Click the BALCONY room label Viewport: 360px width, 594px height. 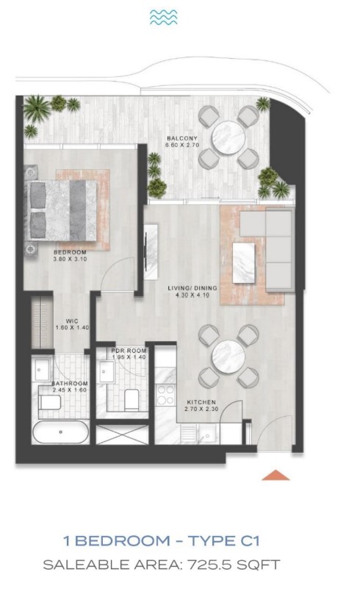pyautogui.click(x=182, y=139)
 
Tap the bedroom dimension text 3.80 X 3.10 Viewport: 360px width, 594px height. pyautogui.click(x=70, y=259)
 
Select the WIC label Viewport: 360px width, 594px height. pyautogui.click(x=72, y=321)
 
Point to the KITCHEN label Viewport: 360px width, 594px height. pyautogui.click(x=201, y=402)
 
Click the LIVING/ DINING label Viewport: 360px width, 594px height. pyautogui.click(x=192, y=288)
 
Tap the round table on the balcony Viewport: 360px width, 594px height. pyautogui.click(x=228, y=137)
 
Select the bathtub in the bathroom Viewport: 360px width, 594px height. pyautogui.click(x=60, y=432)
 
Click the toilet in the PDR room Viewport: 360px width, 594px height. pyautogui.click(x=132, y=399)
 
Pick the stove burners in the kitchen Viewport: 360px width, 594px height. pyautogui.click(x=165, y=395)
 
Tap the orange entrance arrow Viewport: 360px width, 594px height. pyautogui.click(x=276, y=475)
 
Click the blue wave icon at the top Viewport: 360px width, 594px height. pyautogui.click(x=164, y=18)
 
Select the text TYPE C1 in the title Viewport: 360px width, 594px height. pyautogui.click(x=224, y=540)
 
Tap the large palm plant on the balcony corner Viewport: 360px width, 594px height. pyautogui.click(x=37, y=107)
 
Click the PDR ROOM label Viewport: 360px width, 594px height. pyautogui.click(x=129, y=351)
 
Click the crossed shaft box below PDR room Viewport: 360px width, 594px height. pyautogui.click(x=122, y=434)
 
